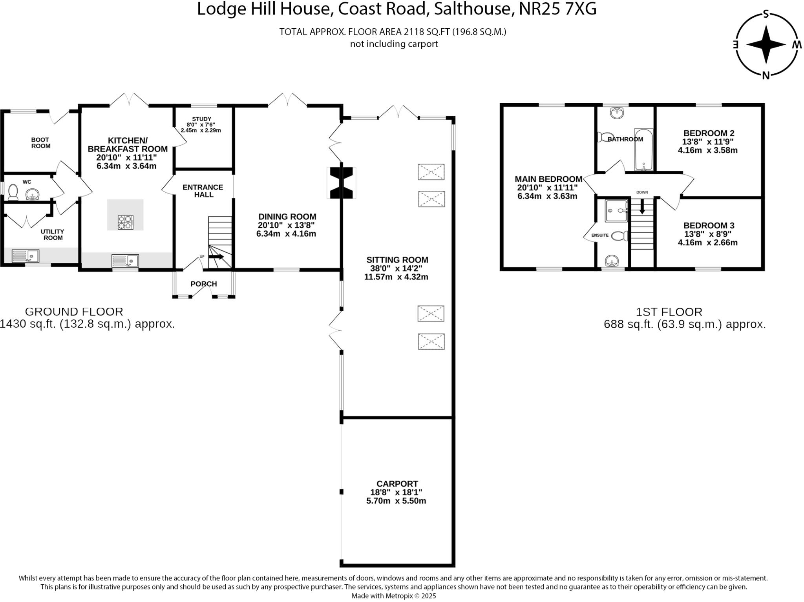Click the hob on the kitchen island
(125, 223)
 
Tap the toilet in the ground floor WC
(13, 192)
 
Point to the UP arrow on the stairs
(216, 257)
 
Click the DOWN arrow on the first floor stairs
(642, 206)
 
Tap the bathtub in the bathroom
(643, 150)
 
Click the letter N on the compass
(766, 75)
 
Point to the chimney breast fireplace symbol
(342, 183)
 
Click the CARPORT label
(397, 484)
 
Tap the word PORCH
(203, 284)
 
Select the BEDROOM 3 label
(709, 225)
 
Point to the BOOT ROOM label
(40, 143)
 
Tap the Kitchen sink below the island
(125, 261)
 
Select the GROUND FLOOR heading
(74, 312)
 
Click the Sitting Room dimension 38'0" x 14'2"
(397, 268)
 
